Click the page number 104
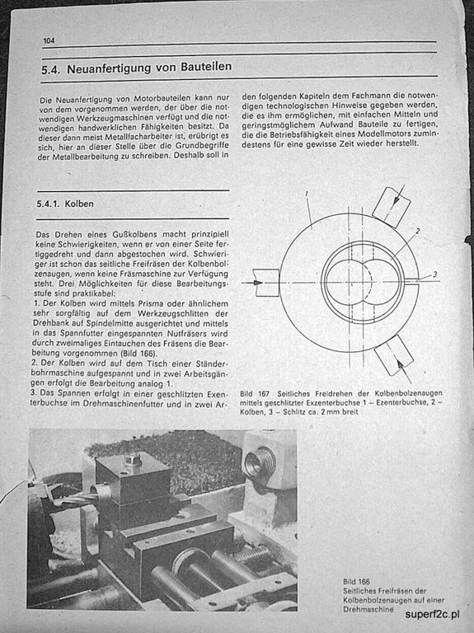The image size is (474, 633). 49,40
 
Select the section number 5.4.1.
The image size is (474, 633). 48,204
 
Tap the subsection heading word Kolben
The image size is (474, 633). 79,204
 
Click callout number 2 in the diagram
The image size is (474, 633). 418,231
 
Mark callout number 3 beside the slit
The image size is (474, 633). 434,274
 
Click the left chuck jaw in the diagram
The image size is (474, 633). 266,283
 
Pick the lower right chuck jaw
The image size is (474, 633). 394,355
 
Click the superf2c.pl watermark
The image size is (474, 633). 432,614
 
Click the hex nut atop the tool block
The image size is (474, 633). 133,459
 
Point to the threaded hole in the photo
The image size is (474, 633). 260,463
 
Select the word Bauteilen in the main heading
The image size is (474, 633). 206,66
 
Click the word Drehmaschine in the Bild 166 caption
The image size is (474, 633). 368,610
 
